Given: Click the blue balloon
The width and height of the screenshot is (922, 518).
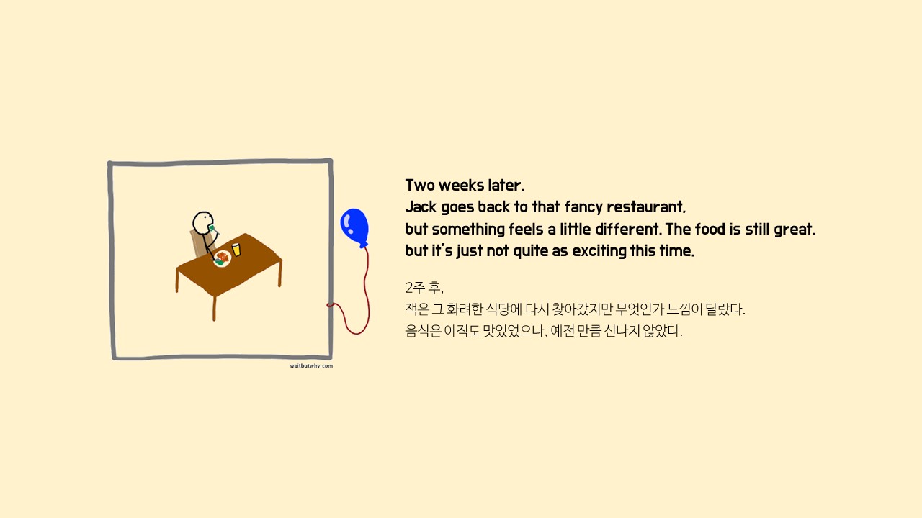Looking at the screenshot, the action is point(354,227).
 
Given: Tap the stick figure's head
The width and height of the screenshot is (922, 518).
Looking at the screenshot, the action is point(203,223).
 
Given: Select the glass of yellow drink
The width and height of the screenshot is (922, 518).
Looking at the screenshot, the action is point(236,250).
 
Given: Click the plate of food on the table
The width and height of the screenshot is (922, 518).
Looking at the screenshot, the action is point(223,258).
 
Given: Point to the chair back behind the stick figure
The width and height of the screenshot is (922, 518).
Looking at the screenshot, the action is point(198,243).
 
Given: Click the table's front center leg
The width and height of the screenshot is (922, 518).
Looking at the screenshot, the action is point(214,309).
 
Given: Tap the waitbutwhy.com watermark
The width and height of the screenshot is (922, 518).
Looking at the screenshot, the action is point(311,366).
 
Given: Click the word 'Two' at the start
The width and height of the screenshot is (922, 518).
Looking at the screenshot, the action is point(420,186).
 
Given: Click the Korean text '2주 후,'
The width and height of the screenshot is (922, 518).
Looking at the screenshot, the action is point(424,287).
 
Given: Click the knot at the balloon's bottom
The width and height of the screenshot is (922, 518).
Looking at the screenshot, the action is point(364,245).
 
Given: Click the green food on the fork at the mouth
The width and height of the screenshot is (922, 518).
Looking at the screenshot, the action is point(211,227).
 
